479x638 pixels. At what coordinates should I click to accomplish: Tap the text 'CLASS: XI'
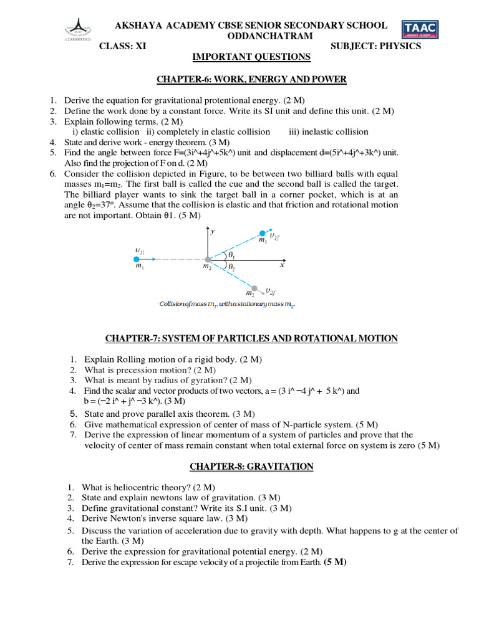(x=123, y=46)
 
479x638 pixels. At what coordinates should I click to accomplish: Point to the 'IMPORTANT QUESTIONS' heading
(x=251, y=57)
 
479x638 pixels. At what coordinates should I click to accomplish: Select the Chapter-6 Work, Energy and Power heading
(x=251, y=80)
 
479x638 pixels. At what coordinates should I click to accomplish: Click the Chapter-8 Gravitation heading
(x=251, y=467)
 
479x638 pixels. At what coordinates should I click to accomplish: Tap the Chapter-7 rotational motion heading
(x=251, y=338)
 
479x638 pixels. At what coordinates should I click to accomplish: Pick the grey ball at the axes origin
(x=207, y=259)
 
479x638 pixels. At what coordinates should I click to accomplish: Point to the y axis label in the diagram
(x=213, y=231)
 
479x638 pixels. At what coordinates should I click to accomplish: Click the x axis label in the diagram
(x=282, y=265)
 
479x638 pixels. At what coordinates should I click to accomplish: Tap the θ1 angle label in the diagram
(x=231, y=255)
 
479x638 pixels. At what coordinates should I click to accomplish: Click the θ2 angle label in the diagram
(x=231, y=267)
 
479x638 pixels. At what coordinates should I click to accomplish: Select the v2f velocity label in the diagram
(x=269, y=290)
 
